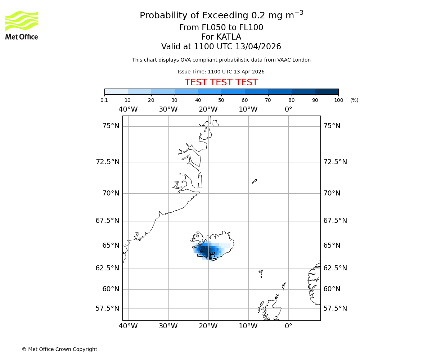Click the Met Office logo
22,25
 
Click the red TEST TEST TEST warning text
221,82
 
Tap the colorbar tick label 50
221,100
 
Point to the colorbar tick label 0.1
104,100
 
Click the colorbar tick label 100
338,100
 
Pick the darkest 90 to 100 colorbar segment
327,91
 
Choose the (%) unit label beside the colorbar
354,100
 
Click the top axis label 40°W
128,109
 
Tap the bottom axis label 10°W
248,326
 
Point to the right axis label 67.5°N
335,220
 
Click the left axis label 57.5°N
107,308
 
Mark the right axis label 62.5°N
335,268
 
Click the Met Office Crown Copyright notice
59,349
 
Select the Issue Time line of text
221,72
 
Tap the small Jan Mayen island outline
254,181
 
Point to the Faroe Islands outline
261,274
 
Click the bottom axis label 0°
288,326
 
